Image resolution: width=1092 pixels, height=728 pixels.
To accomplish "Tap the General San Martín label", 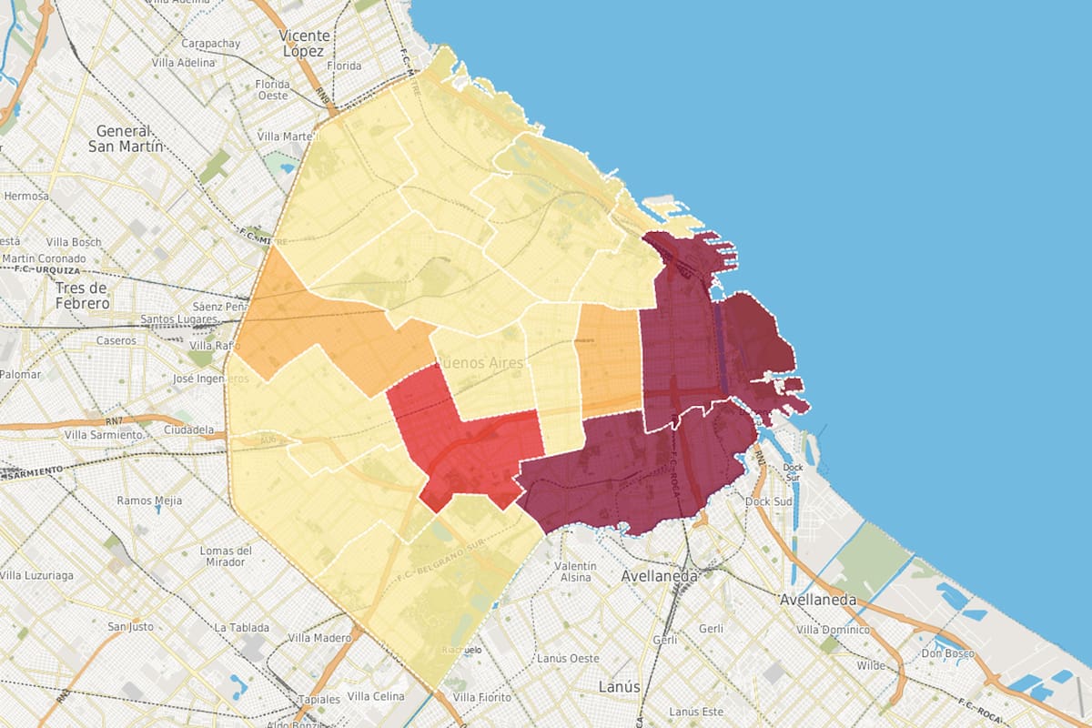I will tap(126, 137).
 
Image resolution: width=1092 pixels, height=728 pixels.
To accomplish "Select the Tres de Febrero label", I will tap(82, 295).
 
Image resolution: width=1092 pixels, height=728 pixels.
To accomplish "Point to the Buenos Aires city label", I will tap(481, 362).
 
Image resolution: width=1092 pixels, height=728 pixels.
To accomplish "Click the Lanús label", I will tap(620, 686).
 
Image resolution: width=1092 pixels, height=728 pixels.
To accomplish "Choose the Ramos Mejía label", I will tap(149, 500).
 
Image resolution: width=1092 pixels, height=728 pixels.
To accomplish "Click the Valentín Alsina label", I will tap(575, 571).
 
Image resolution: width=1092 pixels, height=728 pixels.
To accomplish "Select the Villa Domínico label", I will tap(832, 630).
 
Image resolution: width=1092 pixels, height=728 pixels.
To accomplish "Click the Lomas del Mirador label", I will tap(226, 557).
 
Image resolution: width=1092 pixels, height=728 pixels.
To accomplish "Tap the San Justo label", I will tap(130, 626).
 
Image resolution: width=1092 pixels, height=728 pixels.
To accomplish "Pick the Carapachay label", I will tap(210, 43).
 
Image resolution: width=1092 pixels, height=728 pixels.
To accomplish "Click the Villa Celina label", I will tap(375, 696).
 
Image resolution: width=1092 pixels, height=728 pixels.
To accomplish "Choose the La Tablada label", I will tap(241, 628).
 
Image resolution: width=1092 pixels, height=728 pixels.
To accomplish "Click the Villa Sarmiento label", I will tap(104, 435).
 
